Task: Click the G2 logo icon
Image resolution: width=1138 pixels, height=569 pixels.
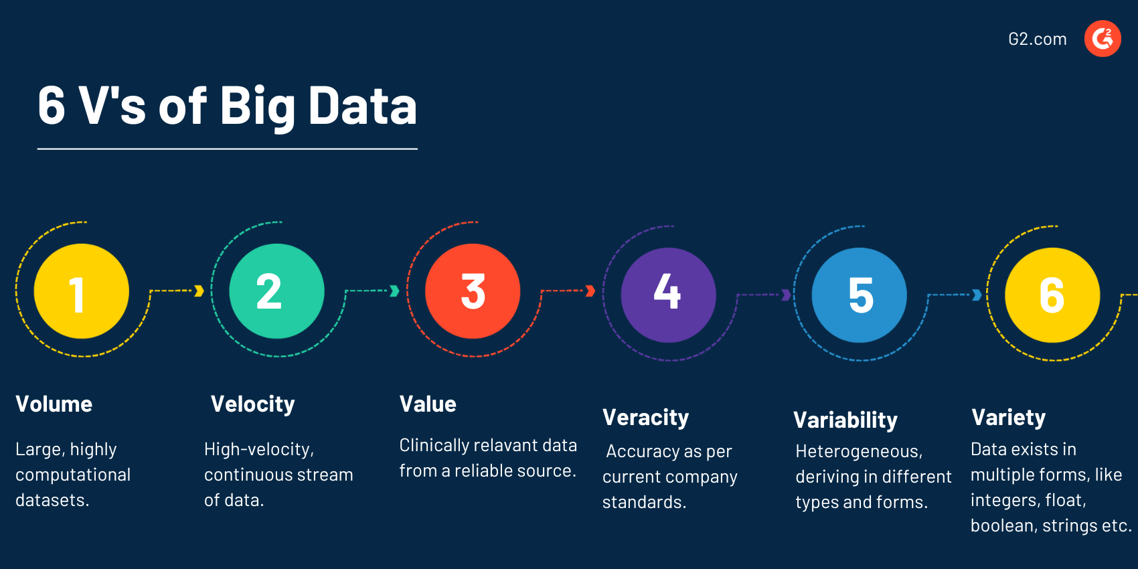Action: (x=1103, y=39)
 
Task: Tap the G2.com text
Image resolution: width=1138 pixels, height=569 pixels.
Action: (x=1037, y=39)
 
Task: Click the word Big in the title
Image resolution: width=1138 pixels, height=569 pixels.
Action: (x=257, y=107)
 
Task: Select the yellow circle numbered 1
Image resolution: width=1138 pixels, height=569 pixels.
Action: (x=81, y=291)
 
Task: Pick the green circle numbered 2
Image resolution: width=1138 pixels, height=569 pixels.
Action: (x=276, y=291)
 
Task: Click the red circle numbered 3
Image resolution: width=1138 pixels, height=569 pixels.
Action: (x=473, y=291)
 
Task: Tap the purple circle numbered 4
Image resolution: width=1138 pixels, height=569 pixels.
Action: (x=668, y=295)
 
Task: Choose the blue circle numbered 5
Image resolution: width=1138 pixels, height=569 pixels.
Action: (x=860, y=295)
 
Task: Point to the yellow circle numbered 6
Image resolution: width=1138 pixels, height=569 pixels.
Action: (x=1052, y=295)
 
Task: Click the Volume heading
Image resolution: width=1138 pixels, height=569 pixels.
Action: (x=54, y=404)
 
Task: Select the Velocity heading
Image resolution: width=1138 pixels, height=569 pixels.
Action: (x=252, y=404)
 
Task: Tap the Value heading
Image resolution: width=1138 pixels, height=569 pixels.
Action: (x=428, y=404)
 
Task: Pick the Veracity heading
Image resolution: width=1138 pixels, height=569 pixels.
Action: (x=645, y=418)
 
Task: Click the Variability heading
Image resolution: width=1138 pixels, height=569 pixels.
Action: (x=845, y=420)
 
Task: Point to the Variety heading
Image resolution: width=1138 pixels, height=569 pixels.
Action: (x=1008, y=418)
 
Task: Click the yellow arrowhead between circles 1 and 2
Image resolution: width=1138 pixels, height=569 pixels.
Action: (x=199, y=291)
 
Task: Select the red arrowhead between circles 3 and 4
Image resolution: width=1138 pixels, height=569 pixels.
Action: (x=590, y=291)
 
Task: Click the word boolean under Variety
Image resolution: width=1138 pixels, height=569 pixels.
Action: (x=1001, y=526)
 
